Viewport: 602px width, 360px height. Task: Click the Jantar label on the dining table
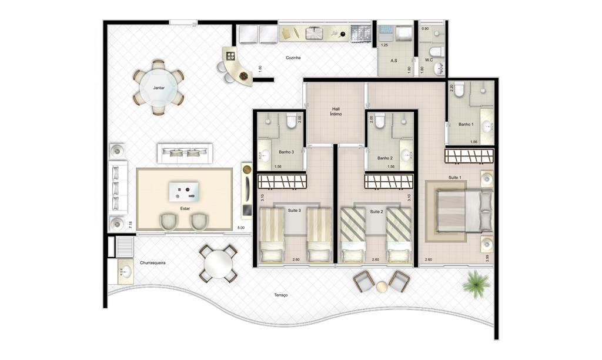pos(159,88)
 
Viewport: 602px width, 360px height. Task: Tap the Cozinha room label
pos(293,58)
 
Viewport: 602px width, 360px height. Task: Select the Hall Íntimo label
pos(336,111)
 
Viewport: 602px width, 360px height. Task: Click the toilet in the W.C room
pos(437,52)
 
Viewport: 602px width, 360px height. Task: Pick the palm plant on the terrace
pos(476,284)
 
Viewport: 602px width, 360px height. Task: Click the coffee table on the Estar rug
pos(184,192)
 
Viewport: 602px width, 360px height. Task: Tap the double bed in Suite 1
pos(464,211)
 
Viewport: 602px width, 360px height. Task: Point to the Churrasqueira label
pos(152,263)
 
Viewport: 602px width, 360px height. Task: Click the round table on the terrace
pos(218,264)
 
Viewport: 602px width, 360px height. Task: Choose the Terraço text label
pos(280,295)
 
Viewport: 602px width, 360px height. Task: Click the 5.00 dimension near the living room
pos(240,228)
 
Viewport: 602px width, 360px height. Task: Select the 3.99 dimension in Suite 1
pos(487,259)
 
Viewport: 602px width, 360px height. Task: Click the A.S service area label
pos(393,61)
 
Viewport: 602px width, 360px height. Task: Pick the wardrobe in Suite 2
pos(389,181)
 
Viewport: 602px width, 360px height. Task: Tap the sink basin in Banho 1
pos(487,126)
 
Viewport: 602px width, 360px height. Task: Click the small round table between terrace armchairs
pos(382,287)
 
